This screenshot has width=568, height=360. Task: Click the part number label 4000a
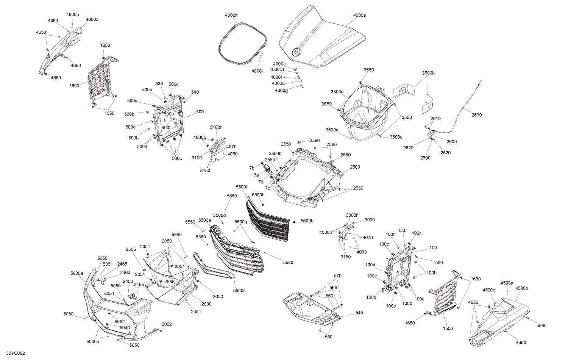point(359,15)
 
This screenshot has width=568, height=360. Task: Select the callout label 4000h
point(231,15)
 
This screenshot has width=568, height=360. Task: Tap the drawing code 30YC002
point(13,353)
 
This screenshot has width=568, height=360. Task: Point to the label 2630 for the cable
point(476,115)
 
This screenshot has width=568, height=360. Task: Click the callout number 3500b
point(428,73)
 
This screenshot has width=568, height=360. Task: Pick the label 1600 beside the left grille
point(74,86)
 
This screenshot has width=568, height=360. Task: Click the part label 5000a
point(77,273)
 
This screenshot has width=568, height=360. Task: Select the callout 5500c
point(239,290)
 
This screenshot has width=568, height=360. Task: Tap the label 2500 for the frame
point(355,167)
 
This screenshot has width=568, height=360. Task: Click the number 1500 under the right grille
point(448,329)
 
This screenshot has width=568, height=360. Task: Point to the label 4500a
point(507,283)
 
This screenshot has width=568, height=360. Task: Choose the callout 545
point(359,313)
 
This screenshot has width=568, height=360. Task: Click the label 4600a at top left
point(92,19)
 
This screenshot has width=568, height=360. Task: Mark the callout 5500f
point(241,187)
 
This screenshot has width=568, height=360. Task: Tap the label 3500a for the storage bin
point(337,92)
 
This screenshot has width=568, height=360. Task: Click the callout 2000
point(206,304)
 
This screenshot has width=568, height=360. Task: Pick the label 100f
point(390,234)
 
